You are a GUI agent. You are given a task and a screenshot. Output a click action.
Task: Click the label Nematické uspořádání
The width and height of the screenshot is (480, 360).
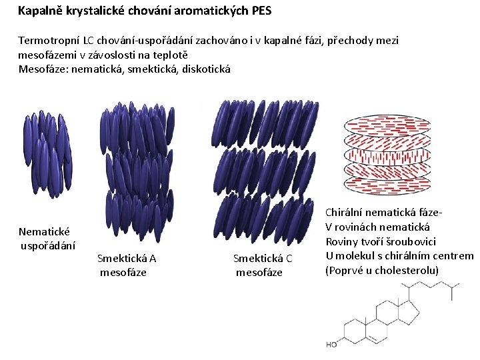point(47,238)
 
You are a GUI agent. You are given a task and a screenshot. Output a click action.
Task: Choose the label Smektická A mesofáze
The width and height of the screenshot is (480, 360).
point(127,265)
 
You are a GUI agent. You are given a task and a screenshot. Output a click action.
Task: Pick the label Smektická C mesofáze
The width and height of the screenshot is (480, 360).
point(263,265)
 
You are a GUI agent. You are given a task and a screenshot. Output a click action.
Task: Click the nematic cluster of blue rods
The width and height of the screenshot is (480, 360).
point(46,153)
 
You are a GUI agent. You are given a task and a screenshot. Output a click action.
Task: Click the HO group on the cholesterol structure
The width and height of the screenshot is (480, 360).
point(331,345)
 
